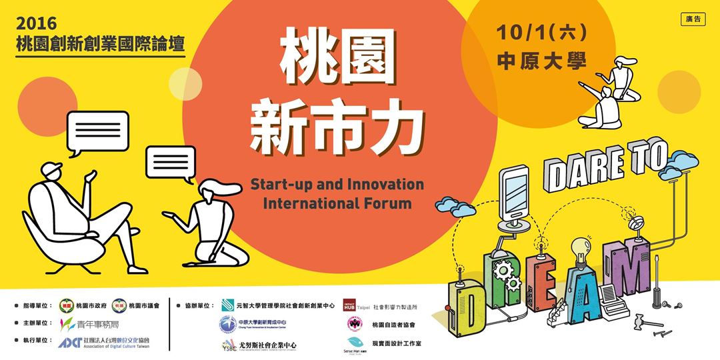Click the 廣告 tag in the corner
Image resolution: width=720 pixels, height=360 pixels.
(693, 19)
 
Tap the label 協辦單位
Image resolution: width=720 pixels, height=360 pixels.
(196, 306)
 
